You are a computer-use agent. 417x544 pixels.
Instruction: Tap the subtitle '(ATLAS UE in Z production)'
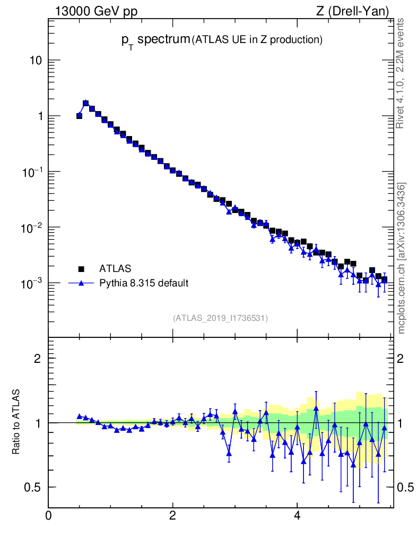click(257, 39)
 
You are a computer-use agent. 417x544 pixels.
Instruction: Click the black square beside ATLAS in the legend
click(82, 268)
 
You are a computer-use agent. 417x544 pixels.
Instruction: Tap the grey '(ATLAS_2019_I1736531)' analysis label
click(220, 318)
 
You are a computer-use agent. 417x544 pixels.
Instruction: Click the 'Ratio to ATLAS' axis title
click(17, 422)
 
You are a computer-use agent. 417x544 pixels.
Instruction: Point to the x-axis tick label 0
click(48, 515)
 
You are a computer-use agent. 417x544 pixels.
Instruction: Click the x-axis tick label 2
click(172, 515)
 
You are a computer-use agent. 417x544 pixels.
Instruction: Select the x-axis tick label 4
click(297, 515)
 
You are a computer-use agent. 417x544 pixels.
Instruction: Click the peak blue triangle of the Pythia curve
click(85, 103)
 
